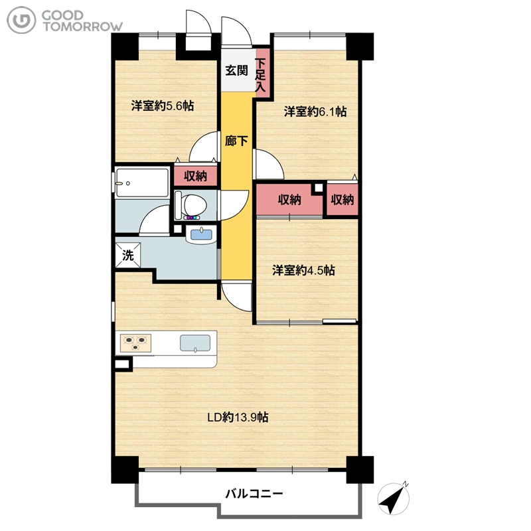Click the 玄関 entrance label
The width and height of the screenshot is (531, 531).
[237, 71]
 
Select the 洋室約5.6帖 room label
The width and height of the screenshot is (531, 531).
[163, 106]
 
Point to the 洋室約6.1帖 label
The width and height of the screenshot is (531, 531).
[315, 112]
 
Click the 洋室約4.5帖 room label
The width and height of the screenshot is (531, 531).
[303, 271]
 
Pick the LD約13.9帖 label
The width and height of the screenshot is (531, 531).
[238, 417]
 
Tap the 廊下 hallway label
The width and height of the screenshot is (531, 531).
[236, 141]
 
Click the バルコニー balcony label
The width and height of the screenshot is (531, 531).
[254, 494]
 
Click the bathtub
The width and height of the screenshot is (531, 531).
[142, 183]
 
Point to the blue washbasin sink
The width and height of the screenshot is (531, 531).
[201, 234]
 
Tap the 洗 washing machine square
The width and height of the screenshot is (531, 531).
[128, 255]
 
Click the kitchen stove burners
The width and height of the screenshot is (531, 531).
[136, 342]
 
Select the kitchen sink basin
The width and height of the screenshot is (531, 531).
[195, 343]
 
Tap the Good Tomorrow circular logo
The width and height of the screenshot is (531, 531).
[21, 21]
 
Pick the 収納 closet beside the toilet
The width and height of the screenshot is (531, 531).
[195, 176]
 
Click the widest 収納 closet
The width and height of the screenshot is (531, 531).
[289, 200]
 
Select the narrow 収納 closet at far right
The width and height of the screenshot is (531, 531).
[342, 200]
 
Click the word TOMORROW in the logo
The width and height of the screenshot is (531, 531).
[82, 27]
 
